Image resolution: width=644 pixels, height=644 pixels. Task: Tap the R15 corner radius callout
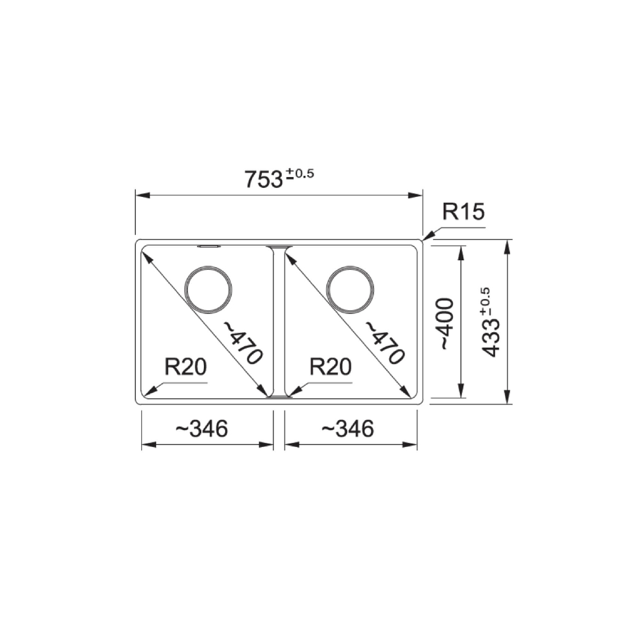pyautogui.click(x=463, y=212)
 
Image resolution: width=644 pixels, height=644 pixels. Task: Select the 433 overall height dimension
pyautogui.click(x=491, y=339)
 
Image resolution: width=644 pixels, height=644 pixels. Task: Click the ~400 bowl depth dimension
pyautogui.click(x=447, y=324)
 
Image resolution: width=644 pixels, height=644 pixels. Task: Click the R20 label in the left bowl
pyautogui.click(x=186, y=367)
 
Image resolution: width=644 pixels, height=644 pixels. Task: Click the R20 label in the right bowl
pyautogui.click(x=331, y=367)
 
